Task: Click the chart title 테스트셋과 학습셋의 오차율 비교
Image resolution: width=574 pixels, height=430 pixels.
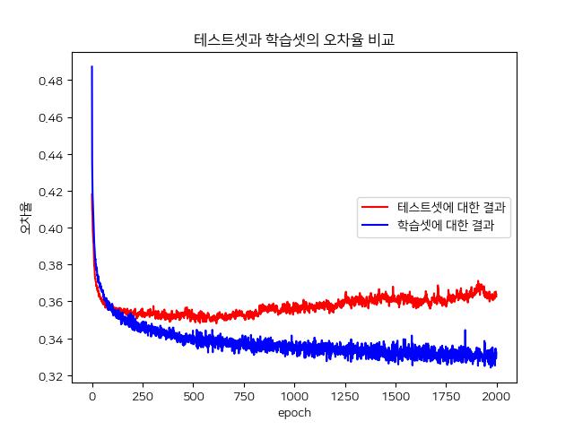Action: (x=294, y=39)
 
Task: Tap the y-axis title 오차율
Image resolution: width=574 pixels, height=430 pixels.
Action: (x=27, y=218)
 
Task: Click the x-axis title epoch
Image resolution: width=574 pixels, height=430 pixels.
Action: (x=294, y=413)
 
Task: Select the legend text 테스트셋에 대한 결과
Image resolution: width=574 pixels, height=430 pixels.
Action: (x=451, y=207)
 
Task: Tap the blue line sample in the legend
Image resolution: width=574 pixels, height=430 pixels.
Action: (x=376, y=228)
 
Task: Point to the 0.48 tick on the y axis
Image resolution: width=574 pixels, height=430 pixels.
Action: (x=50, y=81)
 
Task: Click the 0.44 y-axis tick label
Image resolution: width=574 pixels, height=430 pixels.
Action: (x=50, y=155)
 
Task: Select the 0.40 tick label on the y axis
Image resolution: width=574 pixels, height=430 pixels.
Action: (x=50, y=228)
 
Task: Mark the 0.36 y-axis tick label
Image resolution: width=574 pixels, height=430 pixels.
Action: (x=50, y=302)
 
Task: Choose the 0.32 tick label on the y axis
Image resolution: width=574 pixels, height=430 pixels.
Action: (x=50, y=376)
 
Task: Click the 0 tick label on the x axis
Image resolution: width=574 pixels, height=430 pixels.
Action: (x=92, y=396)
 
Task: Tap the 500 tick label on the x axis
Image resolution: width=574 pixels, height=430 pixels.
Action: (x=193, y=396)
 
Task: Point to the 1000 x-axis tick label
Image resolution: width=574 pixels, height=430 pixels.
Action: (x=294, y=396)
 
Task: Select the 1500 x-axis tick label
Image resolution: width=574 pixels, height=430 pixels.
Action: (x=396, y=396)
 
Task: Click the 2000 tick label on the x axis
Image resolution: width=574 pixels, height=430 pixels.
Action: (x=496, y=396)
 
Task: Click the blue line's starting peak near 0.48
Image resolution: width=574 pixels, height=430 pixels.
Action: (x=92, y=67)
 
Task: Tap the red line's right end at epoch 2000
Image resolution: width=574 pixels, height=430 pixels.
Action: (x=496, y=295)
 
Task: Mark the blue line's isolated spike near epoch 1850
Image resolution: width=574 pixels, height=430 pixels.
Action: (x=465, y=331)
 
